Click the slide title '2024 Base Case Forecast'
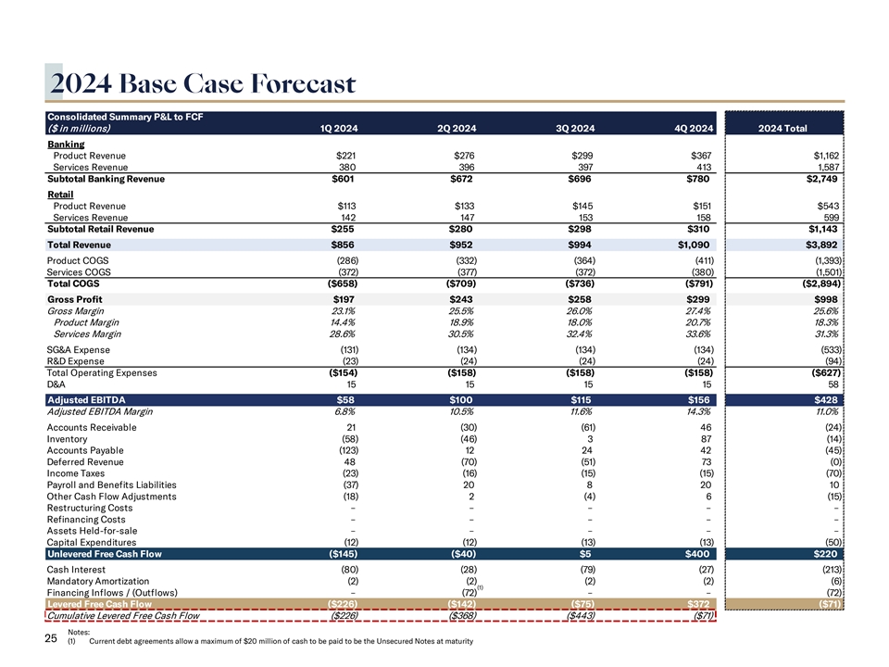[x=204, y=84]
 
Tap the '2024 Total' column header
[x=783, y=128]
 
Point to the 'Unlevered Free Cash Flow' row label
[x=104, y=554]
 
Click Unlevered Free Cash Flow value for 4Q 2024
[x=696, y=554]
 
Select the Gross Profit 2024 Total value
[x=824, y=299]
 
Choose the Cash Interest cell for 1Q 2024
[x=347, y=568]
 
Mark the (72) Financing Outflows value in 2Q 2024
[x=468, y=592]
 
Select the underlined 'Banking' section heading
[x=66, y=145]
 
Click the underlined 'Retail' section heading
[x=60, y=195]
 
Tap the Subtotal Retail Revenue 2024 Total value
[x=821, y=228]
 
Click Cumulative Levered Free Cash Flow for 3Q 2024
[x=578, y=615]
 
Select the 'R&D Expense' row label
[x=78, y=361]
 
